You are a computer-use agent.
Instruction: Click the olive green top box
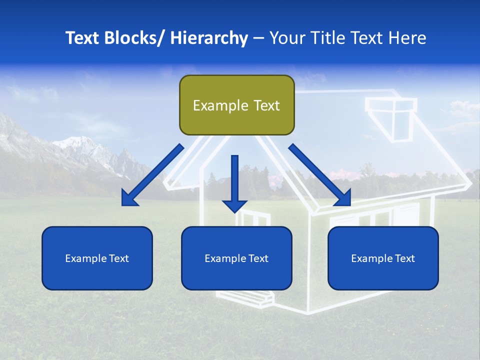[236, 105]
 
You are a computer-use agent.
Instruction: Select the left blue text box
[97, 258]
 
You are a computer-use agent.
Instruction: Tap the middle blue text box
[236, 258]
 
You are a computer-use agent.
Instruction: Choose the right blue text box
[383, 258]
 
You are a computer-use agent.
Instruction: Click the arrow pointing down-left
[152, 175]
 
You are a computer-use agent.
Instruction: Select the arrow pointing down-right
[320, 175]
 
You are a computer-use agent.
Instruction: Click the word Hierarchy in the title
[208, 38]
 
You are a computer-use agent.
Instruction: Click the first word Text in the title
[82, 38]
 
